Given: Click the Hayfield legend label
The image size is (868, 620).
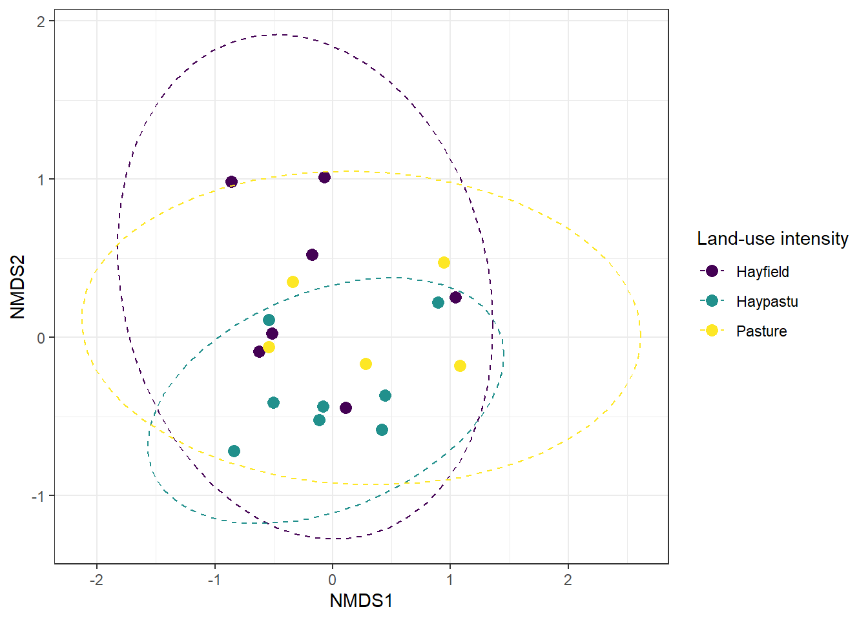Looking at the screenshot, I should pos(762,272).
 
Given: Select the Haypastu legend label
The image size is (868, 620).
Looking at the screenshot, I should pos(767,302).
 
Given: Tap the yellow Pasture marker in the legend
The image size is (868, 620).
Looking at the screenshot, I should pos(712,331).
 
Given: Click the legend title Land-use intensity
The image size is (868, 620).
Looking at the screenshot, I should pos(772,239).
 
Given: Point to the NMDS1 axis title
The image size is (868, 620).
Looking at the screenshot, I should pos(361,601).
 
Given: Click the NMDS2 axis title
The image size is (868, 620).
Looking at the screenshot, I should pos(18,287).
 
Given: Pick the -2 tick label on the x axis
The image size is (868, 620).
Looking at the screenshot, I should pos(96,580).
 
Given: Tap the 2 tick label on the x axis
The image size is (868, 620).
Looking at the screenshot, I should pos(568,580).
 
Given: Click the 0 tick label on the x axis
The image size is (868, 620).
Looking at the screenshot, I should pos(332,580).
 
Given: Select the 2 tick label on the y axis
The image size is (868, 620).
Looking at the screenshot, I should pos(41,21).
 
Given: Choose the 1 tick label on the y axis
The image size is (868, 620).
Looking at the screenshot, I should pos(41,180).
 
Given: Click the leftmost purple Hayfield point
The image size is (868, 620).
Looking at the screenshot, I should pos(231,182).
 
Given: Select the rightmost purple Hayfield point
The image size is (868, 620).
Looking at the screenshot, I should pos(455,297).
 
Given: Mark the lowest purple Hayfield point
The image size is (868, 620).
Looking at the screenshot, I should pos(346,408).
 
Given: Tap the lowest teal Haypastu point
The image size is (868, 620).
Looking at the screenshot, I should pos(234,451).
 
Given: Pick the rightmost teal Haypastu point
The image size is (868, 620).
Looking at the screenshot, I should pos(438,302).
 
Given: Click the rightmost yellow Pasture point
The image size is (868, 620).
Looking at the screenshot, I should pos(460,366).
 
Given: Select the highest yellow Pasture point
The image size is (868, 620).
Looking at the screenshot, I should pos(444,262).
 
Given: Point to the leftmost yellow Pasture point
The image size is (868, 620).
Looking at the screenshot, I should pos(269,347).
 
